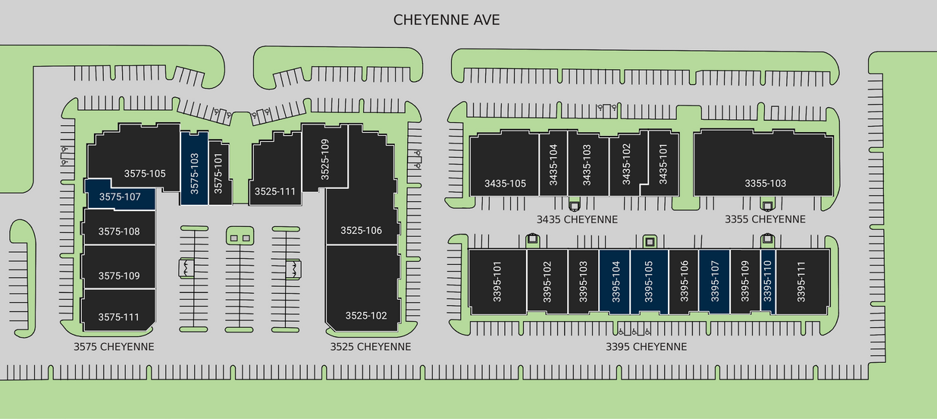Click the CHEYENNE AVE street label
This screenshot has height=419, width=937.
coord(447,20)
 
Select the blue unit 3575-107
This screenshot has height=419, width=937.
coord(120,197)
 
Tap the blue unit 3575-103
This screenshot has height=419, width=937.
coord(194,169)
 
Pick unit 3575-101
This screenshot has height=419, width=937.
coord(218,173)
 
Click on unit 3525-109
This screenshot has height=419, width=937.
coord(324,158)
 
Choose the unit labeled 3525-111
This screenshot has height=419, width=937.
coord(274,191)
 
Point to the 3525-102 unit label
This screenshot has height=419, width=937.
coord(366,315)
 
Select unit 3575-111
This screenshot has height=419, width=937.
coord(119,317)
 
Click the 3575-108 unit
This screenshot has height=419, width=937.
coord(119,231)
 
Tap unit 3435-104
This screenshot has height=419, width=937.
coord(553,165)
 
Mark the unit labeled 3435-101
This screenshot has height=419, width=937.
coord(663,165)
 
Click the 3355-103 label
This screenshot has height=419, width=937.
coord(765,183)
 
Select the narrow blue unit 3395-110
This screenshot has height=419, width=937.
coord(767,281)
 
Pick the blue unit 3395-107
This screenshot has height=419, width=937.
coord(714,281)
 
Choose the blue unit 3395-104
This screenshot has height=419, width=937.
coord(615,281)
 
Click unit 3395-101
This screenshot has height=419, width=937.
coord(497,281)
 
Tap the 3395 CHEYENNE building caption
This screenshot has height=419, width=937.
coord(646,347)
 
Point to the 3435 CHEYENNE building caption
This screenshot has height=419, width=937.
coord(577,219)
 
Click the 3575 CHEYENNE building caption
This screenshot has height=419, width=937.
coord(114,347)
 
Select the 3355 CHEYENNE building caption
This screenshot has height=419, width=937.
coord(764,219)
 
